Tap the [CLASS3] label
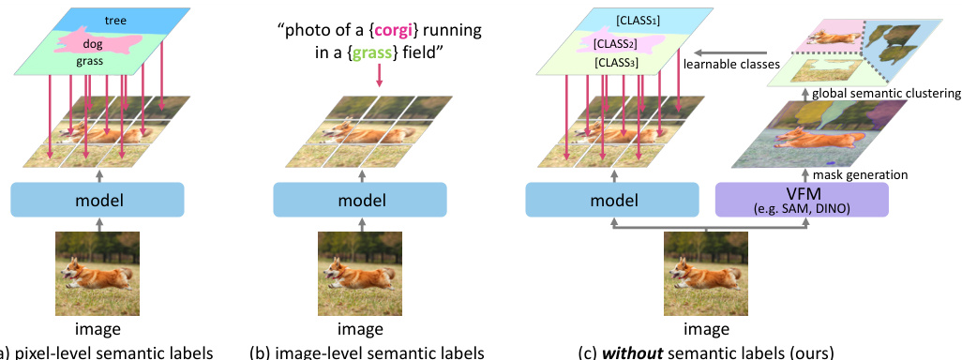pos(616,62)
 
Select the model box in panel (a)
pos(98,201)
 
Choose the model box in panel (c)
pos(611,201)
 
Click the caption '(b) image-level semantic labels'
pos(367,352)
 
